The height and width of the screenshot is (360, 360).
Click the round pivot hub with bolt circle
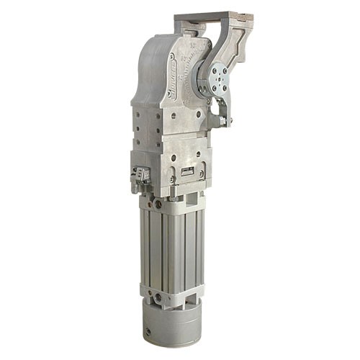[215, 78]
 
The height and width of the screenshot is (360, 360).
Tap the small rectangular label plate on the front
[187, 171]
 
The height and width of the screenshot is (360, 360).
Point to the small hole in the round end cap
[149, 333]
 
